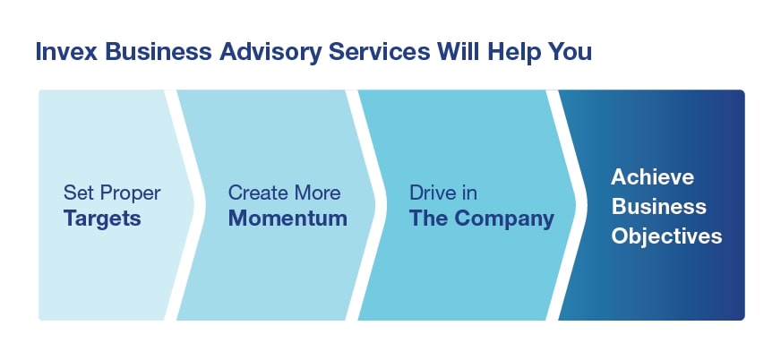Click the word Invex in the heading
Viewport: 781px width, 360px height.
tap(65, 52)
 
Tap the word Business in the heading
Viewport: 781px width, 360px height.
tap(158, 52)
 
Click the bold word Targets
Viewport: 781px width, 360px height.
tap(102, 219)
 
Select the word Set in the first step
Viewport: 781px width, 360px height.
tap(77, 193)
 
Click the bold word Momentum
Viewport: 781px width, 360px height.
tap(288, 219)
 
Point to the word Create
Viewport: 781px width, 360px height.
tap(258, 193)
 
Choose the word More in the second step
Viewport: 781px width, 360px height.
tap(317, 193)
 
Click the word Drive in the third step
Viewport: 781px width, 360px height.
tap(433, 193)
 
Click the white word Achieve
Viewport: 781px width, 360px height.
tap(653, 176)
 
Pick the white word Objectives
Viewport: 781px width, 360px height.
tap(666, 236)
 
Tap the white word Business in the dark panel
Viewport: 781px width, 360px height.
tap(659, 207)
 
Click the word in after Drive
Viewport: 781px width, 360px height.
tap(468, 193)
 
